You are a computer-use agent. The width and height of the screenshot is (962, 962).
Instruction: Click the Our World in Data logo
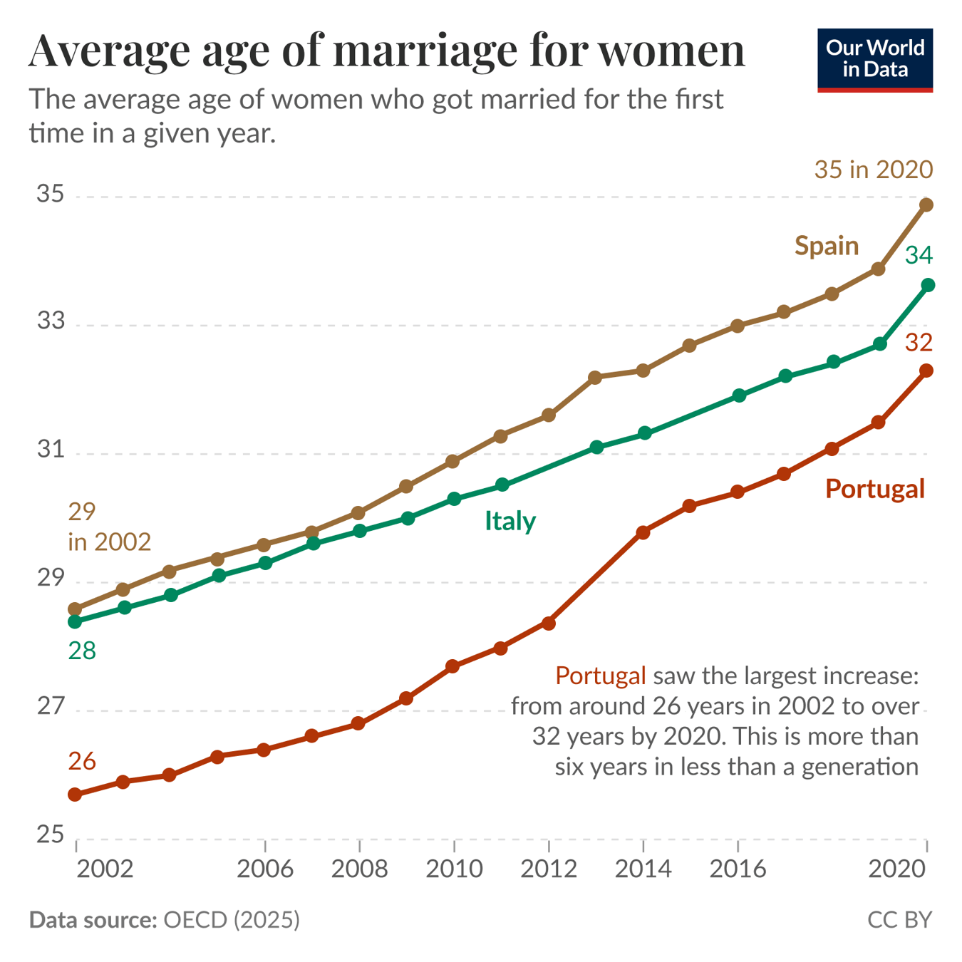point(874,60)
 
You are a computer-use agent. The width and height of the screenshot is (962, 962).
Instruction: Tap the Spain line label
point(827,246)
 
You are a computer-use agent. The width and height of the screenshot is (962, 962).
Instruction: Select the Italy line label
point(510,521)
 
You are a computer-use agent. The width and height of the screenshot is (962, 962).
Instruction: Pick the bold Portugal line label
point(874,489)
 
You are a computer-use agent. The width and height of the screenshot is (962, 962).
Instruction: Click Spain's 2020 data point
point(926,205)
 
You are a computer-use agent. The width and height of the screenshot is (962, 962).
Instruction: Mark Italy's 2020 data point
point(928,285)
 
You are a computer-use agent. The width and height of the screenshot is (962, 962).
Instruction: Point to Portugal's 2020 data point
point(926,371)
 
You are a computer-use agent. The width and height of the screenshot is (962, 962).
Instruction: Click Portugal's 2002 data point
point(75,795)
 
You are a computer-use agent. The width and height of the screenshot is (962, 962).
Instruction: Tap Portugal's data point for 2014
point(643,532)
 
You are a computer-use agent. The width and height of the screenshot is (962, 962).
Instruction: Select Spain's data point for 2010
point(452,462)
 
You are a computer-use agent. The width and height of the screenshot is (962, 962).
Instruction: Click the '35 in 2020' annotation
point(873,170)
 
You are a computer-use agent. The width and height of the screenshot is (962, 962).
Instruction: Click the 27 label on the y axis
point(51,707)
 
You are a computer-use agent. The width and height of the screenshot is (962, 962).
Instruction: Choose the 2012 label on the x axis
point(549,869)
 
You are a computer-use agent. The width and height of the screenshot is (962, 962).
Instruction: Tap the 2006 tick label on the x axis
point(265,869)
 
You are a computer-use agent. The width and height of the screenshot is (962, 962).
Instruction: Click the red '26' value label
point(82,762)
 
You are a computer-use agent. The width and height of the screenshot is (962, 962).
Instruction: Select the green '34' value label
point(919,255)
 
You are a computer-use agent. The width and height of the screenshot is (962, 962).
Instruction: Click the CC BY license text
point(899,920)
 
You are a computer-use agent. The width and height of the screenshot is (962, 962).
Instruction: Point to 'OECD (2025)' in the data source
point(232,920)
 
